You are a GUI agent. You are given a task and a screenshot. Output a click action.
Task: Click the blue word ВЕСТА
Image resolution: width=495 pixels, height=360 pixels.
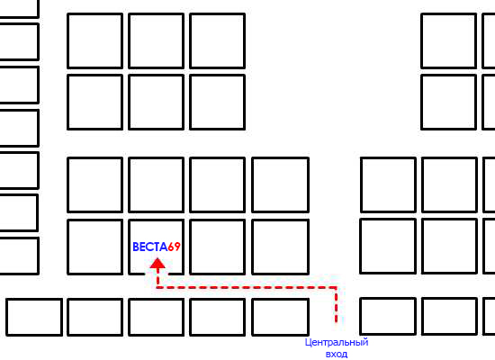[x=150, y=247]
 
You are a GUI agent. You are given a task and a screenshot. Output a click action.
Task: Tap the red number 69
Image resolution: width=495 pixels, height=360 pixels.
[x=174, y=247]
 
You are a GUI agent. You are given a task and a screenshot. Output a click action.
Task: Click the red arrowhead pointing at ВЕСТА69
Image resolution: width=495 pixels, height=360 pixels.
[x=157, y=264]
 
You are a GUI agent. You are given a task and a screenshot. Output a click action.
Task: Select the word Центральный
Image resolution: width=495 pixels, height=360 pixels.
[x=337, y=342]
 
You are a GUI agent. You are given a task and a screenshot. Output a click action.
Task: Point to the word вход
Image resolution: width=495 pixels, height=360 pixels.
[x=337, y=354]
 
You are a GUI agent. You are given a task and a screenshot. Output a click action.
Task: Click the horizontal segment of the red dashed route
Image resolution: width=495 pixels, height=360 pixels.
[x=247, y=287]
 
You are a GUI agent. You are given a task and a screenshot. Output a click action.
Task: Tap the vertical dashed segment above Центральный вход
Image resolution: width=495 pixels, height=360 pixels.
[x=337, y=305]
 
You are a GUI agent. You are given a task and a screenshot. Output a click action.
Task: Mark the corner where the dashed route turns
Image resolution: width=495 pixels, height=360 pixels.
[x=337, y=287]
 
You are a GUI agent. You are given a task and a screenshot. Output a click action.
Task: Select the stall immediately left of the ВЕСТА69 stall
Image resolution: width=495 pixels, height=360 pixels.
[x=95, y=247]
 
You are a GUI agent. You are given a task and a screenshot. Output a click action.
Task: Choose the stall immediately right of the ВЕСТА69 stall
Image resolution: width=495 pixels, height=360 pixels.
[x=218, y=247]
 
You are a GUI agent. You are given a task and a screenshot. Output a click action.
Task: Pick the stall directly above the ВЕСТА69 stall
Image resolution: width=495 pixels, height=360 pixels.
[x=157, y=184]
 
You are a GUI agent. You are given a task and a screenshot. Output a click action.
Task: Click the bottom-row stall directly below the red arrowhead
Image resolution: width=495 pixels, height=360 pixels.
[x=157, y=317]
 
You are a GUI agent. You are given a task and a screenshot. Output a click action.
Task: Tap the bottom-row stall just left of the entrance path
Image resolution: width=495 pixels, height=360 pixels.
[x=280, y=317]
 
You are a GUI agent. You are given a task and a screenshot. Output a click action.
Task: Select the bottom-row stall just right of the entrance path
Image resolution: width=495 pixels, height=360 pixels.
[x=388, y=316]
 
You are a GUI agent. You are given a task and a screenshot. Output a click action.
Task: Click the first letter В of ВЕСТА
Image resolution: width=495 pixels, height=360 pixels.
[x=136, y=247]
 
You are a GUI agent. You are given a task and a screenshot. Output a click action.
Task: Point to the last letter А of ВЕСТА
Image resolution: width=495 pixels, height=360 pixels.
[x=164, y=247]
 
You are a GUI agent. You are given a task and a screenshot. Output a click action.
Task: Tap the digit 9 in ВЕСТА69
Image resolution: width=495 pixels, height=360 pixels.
[x=177, y=247]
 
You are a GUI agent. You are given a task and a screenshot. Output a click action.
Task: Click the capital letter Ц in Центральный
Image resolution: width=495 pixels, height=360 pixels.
[x=308, y=342]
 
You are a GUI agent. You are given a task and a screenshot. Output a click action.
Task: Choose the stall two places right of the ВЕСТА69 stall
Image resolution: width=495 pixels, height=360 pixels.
[x=280, y=247]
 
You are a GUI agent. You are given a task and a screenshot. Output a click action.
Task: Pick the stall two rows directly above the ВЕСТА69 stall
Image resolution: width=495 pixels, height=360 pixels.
[x=157, y=103]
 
